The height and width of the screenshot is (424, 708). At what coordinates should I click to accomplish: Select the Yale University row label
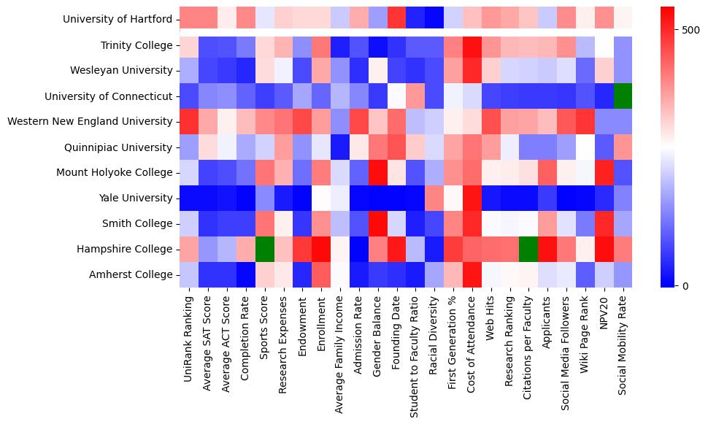139,198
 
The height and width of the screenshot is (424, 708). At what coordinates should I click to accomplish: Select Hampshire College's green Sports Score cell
264,249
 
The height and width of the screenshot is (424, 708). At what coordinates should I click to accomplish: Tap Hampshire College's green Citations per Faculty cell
530,249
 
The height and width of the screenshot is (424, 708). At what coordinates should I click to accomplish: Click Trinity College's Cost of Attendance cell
473,45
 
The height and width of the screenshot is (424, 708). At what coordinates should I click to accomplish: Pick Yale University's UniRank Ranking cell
188,198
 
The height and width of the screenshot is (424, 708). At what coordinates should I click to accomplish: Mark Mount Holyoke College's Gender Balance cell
378,172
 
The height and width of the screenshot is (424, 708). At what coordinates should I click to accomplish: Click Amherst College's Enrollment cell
321,274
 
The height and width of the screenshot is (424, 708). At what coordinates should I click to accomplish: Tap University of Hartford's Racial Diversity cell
435,19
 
